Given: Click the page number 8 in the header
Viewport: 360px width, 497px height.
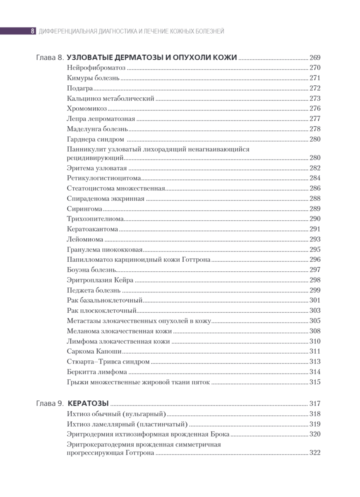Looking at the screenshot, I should pos(32,31).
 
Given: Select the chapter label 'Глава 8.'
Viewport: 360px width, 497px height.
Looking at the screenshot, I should pos(50,58).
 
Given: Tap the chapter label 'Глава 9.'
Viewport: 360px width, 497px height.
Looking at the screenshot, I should pos(50,403).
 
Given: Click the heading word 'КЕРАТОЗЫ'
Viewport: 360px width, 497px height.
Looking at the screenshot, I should pos(88,403).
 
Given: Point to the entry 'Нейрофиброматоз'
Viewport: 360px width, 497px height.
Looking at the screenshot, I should pos(96,68).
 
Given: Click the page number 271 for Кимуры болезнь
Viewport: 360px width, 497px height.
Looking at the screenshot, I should pos(315,78).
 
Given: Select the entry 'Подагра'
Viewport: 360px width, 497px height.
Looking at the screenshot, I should pos(79,88).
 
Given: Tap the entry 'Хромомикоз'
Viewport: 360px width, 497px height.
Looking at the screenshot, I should pos(87,109).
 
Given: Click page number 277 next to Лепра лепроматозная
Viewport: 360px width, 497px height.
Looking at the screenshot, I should pos(315,119).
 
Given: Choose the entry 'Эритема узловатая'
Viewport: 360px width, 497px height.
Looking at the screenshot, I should pos(96,168).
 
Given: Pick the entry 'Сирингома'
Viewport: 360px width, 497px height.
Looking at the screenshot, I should pos(84,209).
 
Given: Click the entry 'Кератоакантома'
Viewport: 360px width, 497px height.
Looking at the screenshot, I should pos(92,229).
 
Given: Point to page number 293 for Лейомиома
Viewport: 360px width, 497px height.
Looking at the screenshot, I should pos(315,239).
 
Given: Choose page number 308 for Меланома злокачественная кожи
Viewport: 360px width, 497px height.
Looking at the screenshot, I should pos(315,331).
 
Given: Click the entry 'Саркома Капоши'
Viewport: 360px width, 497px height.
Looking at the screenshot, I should pos(94,352).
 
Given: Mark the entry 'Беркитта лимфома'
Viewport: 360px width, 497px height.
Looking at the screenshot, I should pos(97,372).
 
